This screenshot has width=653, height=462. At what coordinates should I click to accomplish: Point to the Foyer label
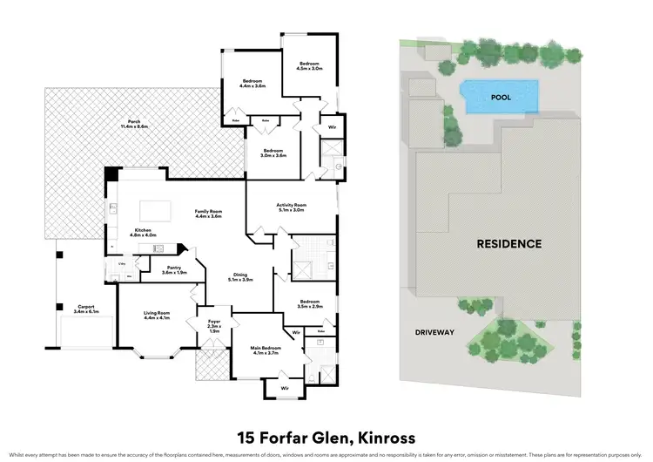213,328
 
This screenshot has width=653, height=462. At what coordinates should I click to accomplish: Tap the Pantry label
174,270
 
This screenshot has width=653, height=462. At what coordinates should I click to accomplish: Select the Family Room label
209,214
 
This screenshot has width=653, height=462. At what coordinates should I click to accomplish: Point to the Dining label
239,277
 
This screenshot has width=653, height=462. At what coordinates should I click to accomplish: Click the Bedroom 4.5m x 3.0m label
311,66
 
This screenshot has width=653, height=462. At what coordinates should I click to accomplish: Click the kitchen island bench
156,208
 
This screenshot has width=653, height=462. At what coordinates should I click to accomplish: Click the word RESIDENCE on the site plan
508,244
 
